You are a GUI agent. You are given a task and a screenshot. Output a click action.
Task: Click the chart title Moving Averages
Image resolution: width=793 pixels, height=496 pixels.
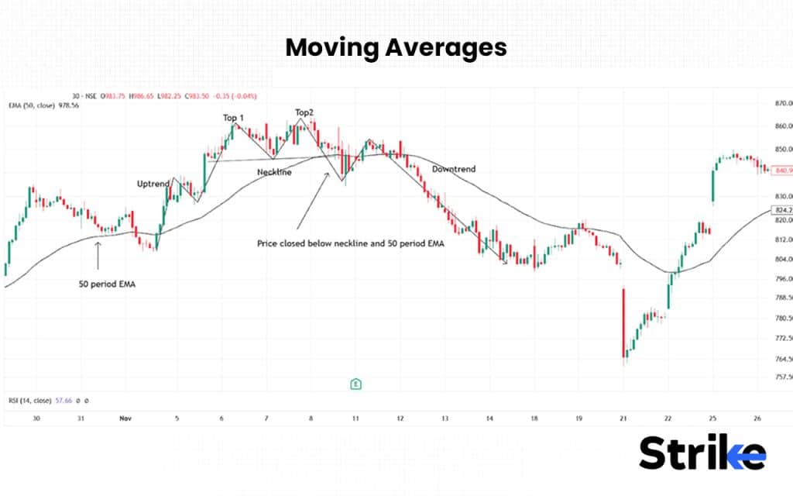396,47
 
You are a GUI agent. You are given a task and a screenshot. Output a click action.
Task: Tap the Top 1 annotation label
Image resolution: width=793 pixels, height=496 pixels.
232,118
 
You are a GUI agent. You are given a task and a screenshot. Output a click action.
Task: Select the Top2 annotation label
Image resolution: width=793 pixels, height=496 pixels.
304,112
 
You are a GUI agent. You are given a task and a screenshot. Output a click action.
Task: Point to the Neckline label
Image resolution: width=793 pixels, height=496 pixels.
274,172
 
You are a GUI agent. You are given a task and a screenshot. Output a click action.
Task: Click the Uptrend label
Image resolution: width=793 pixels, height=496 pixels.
153,184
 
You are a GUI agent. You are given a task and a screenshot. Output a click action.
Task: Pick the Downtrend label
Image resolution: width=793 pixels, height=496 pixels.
454,169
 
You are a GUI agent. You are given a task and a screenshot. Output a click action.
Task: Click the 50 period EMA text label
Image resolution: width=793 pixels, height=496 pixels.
108,284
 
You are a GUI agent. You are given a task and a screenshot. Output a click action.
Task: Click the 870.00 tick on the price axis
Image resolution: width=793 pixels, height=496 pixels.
776,103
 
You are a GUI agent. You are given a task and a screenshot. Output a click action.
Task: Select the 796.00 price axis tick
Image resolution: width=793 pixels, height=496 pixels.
776,278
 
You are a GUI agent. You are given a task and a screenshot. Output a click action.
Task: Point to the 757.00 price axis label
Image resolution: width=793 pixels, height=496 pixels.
776,377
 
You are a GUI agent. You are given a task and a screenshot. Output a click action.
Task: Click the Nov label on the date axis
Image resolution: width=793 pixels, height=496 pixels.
125,418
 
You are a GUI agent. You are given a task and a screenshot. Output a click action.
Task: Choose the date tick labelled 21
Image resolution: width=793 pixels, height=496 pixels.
623,418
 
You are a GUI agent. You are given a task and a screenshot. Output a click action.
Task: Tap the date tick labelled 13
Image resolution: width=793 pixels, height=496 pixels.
445,418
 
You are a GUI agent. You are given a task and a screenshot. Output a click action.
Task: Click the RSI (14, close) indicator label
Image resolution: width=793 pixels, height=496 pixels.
29,401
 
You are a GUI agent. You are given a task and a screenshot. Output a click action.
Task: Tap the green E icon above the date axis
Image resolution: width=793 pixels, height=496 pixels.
355,384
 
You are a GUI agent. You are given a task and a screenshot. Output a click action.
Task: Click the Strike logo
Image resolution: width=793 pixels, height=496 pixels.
702,453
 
